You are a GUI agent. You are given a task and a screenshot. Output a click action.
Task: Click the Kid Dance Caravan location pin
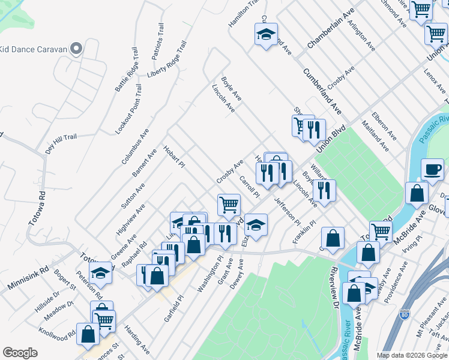tap(76, 49)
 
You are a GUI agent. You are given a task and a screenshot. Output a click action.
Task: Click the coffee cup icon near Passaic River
tap(432, 170)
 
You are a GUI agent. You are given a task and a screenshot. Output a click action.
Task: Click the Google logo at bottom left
tap(20, 353)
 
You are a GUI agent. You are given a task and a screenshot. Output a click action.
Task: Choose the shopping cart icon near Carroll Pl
tap(229, 205)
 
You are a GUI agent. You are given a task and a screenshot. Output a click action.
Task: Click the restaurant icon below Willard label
tap(324, 191)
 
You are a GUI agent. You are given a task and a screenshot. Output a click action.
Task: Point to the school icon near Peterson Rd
tap(101, 273)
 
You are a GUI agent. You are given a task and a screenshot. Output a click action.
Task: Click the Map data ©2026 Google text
tap(412, 355)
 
